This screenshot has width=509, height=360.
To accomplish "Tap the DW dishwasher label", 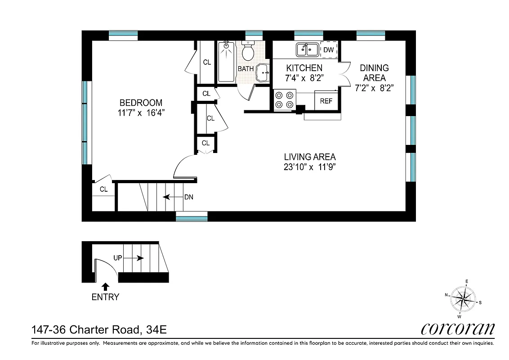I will point(329,50).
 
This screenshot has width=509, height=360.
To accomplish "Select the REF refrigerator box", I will point(326,101).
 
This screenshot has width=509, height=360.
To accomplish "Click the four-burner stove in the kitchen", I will point(285,100).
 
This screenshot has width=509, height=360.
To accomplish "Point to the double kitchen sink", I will point(308,49).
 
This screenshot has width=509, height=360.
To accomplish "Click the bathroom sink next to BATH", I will point(262,72).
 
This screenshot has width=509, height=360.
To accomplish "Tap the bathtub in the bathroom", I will point(226,62).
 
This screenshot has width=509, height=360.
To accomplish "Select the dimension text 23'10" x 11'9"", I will point(310,167).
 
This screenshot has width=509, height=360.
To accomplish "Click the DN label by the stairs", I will point(189,197).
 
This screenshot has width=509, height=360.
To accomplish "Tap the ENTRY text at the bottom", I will point(105,297).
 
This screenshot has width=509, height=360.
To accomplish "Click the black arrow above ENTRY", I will point(105,286).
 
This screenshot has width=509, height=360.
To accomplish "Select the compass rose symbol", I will point(463,298).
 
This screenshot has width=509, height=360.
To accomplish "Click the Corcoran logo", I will point(458,328).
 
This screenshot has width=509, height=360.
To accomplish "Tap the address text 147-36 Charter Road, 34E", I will point(99,330).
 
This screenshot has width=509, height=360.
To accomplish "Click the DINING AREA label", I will point(374,73).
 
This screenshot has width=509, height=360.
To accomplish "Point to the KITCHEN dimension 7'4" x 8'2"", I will point(304,78).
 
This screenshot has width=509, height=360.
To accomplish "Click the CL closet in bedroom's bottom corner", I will point(103,189).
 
